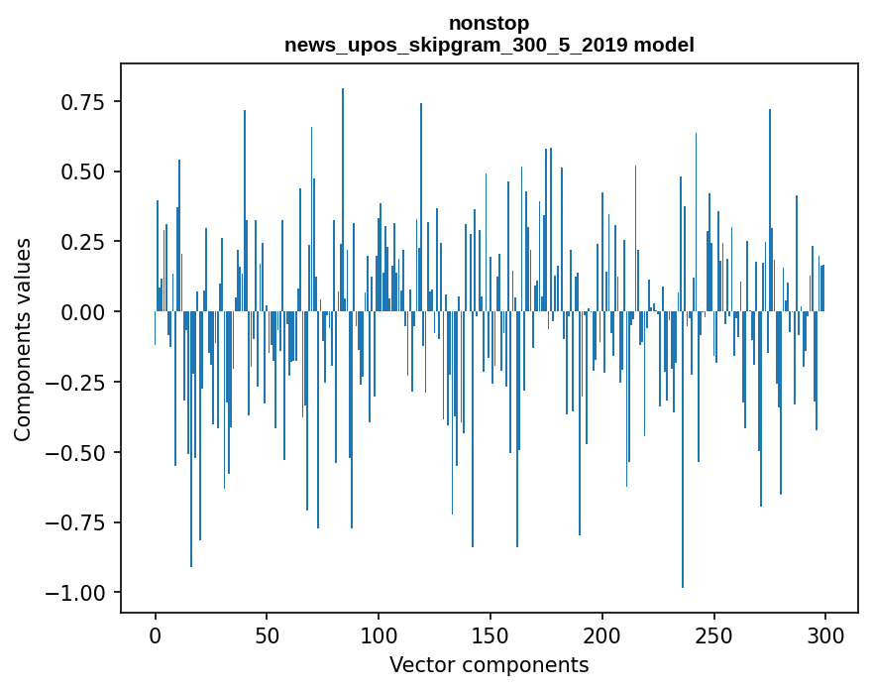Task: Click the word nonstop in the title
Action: tap(489, 23)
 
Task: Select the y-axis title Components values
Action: tap(22, 339)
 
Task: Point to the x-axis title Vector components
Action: tap(489, 665)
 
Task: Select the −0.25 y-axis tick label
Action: tap(79, 383)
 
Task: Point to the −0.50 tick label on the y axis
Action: tap(79, 453)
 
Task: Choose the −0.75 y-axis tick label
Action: tap(79, 522)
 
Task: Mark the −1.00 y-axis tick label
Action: tap(79, 593)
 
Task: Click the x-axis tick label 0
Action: tap(156, 636)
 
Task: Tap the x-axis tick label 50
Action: tap(267, 636)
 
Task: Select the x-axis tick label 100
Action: tap(379, 636)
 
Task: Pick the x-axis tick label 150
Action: tap(490, 636)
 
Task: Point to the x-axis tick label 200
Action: tap(602, 636)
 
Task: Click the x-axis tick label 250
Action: tap(713, 636)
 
